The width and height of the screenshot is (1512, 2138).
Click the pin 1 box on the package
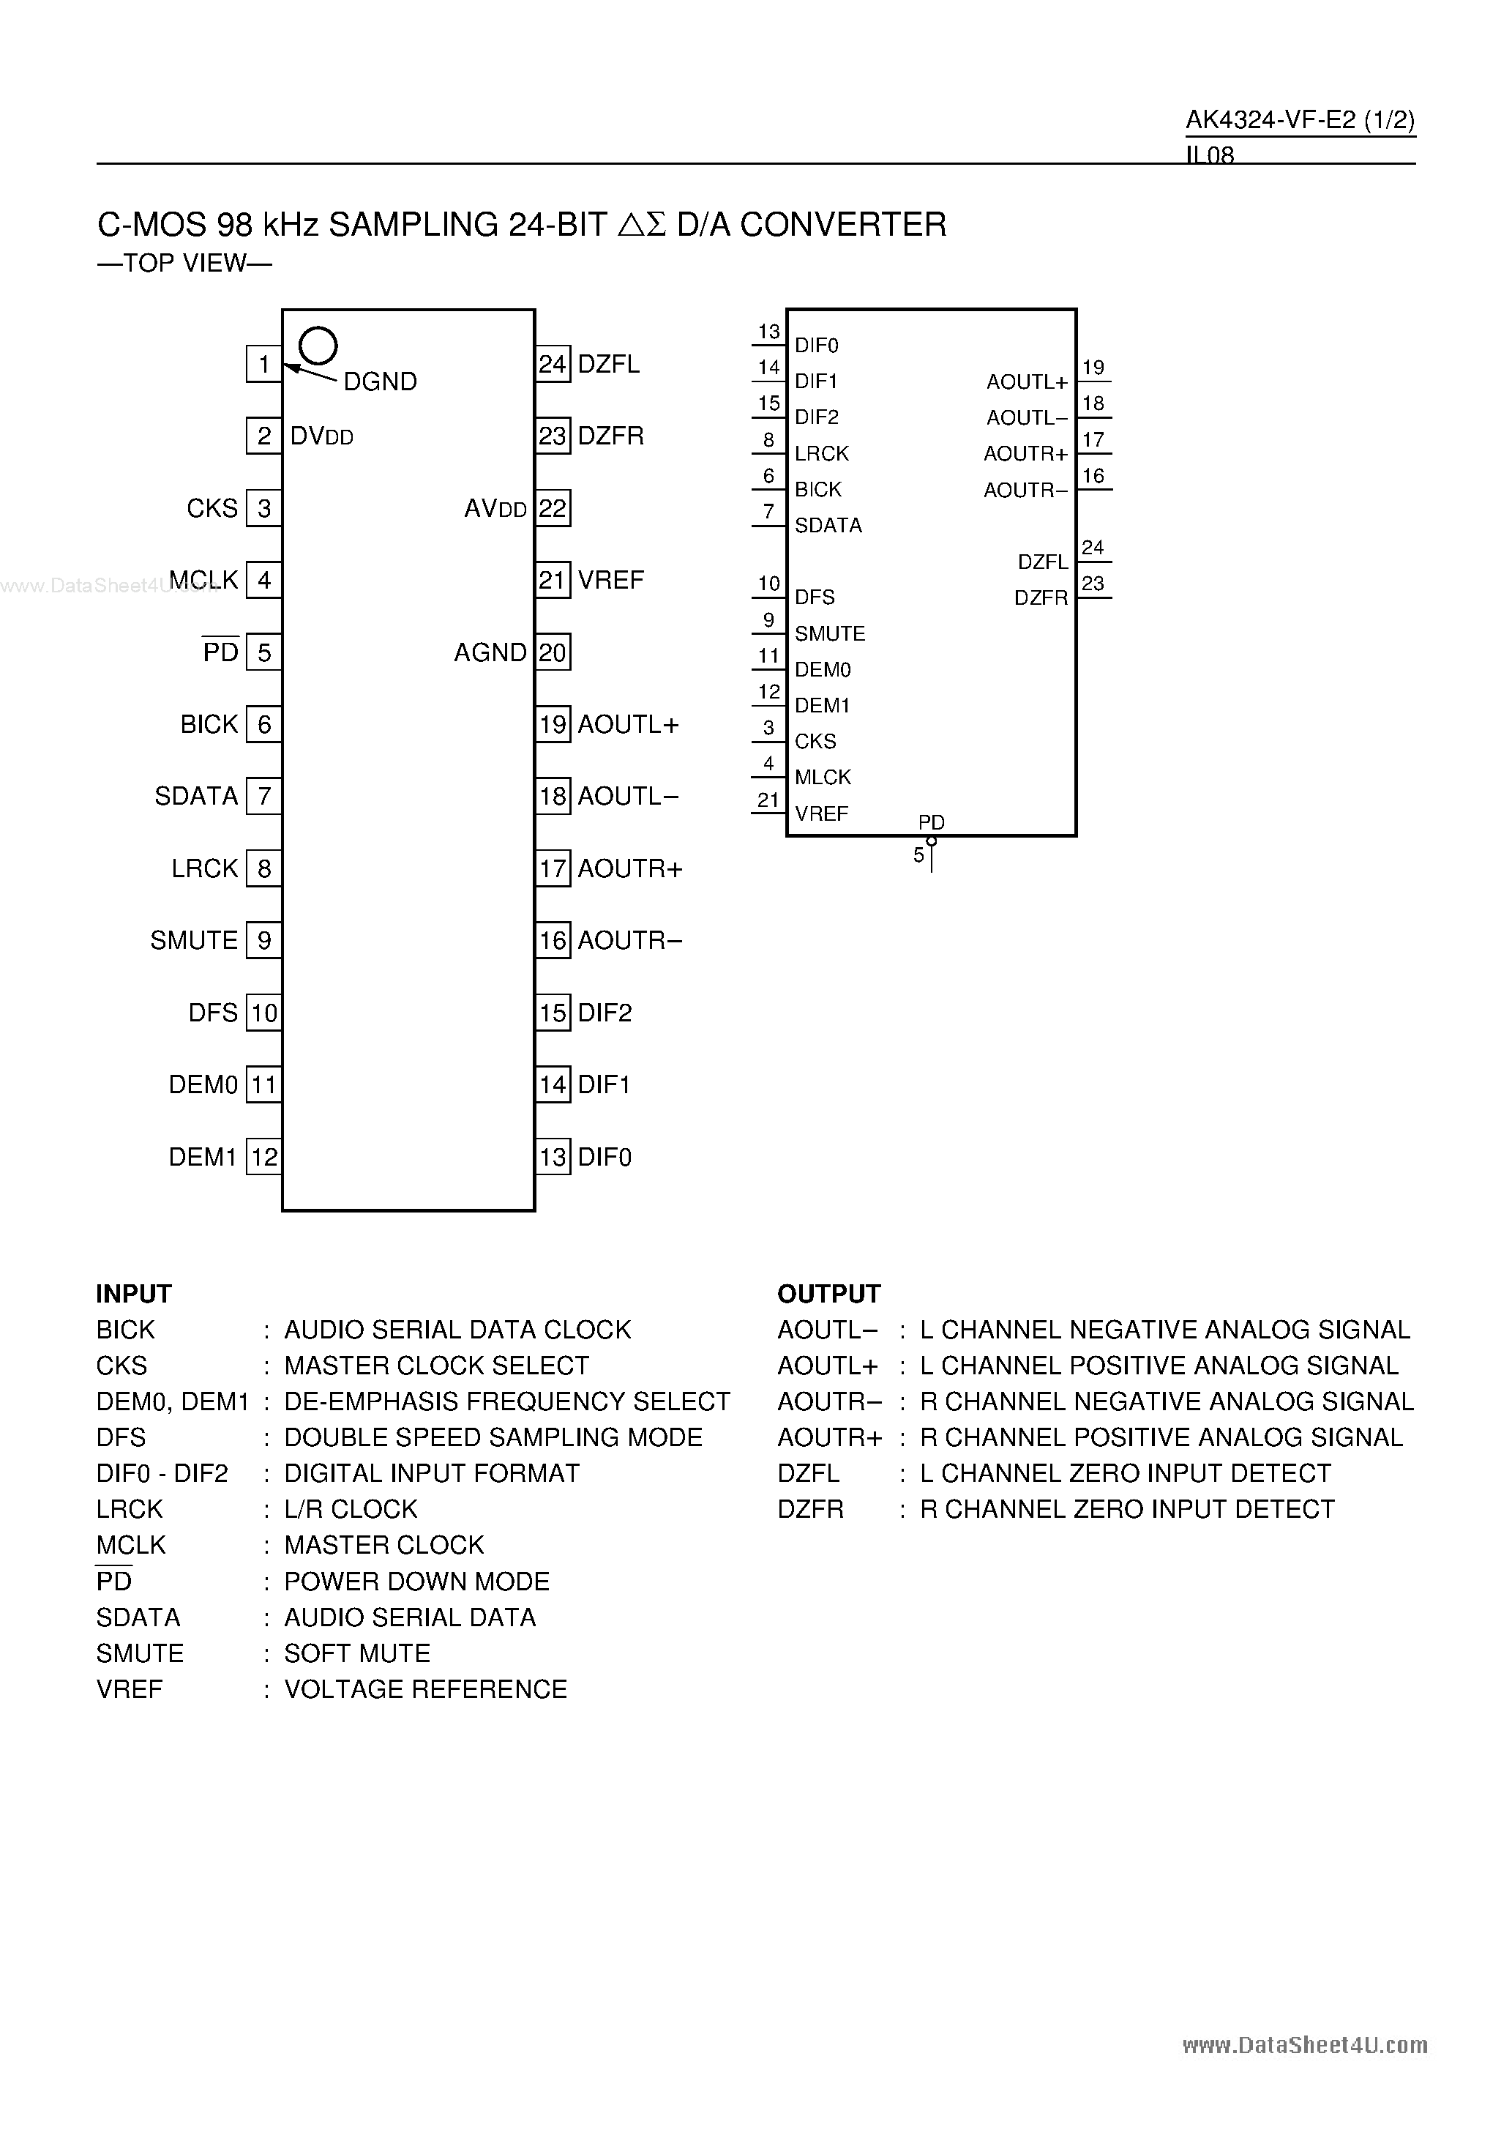pyautogui.click(x=263, y=364)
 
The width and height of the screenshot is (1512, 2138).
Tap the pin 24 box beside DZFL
pyautogui.click(x=553, y=364)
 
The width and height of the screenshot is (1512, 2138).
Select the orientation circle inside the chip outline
pyautogui.click(x=318, y=346)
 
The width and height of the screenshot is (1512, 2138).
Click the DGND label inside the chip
pyautogui.click(x=380, y=381)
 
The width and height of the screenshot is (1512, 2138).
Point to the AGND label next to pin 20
pyautogui.click(x=490, y=653)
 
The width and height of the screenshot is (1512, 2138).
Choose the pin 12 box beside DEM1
pyautogui.click(x=263, y=1158)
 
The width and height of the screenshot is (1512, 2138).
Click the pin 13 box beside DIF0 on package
pyautogui.click(x=553, y=1158)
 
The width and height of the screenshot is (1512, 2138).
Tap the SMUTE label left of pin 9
pyautogui.click(x=194, y=940)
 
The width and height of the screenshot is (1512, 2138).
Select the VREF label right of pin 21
pyautogui.click(x=611, y=580)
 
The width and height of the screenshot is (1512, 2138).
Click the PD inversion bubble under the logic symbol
pyautogui.click(x=931, y=841)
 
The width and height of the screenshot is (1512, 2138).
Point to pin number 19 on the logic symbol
pyautogui.click(x=1093, y=368)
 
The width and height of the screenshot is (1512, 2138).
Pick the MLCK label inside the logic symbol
pyautogui.click(x=823, y=777)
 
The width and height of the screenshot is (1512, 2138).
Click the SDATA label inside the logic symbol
pyautogui.click(x=828, y=525)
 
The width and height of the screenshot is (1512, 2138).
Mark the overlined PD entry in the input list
pyautogui.click(x=113, y=1581)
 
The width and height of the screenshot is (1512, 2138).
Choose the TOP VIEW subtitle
pyautogui.click(x=184, y=264)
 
